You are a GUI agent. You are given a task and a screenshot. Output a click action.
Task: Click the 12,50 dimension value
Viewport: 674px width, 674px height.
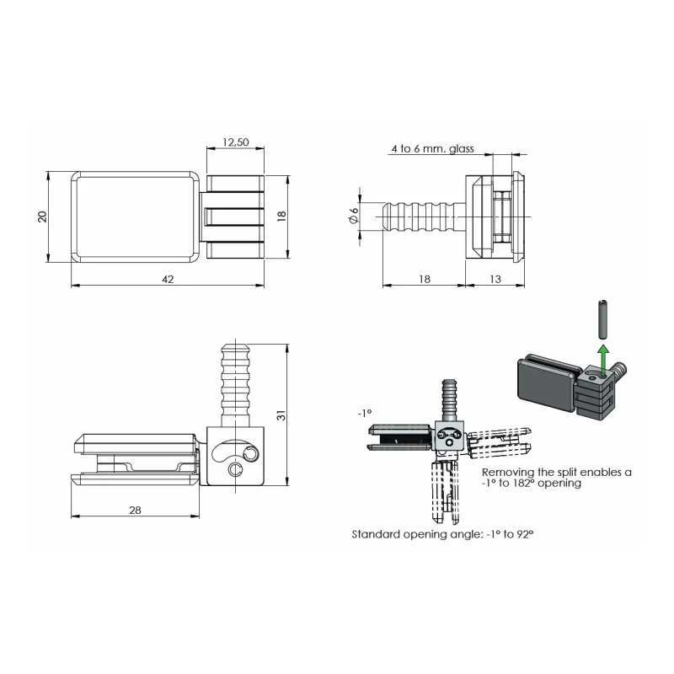pos(236,142)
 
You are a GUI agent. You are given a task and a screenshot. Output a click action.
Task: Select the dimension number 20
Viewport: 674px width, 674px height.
pos(42,217)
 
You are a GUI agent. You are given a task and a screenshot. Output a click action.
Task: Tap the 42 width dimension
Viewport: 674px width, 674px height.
pos(168,279)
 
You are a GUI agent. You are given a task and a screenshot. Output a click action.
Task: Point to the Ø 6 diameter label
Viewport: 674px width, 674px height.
pos(353,216)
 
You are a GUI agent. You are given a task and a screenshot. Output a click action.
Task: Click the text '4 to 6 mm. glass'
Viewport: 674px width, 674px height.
pos(432,149)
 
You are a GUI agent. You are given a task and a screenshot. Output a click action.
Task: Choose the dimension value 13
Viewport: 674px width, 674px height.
pos(495,279)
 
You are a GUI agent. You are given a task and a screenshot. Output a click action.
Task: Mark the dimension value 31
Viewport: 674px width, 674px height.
pos(281,415)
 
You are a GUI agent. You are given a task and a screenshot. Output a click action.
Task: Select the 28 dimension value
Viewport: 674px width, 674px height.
pos(135,510)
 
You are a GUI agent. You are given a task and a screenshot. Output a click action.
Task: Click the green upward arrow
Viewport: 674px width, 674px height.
pos(604,360)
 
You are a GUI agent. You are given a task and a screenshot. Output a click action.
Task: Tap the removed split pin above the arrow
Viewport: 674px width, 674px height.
pos(603,319)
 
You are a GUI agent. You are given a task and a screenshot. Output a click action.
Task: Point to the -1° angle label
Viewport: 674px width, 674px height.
pos(364,413)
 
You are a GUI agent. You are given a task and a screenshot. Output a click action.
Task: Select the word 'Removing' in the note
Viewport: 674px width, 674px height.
pos(508,472)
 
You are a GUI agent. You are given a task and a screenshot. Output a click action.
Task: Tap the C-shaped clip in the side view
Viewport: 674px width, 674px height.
pos(235,469)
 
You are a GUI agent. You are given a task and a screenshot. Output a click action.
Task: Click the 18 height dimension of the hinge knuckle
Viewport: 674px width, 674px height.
pos(281,217)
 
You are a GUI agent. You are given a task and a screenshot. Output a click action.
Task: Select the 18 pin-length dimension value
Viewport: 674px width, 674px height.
pos(425,279)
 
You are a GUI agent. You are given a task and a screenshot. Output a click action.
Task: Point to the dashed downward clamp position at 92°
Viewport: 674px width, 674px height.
pos(444,491)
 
